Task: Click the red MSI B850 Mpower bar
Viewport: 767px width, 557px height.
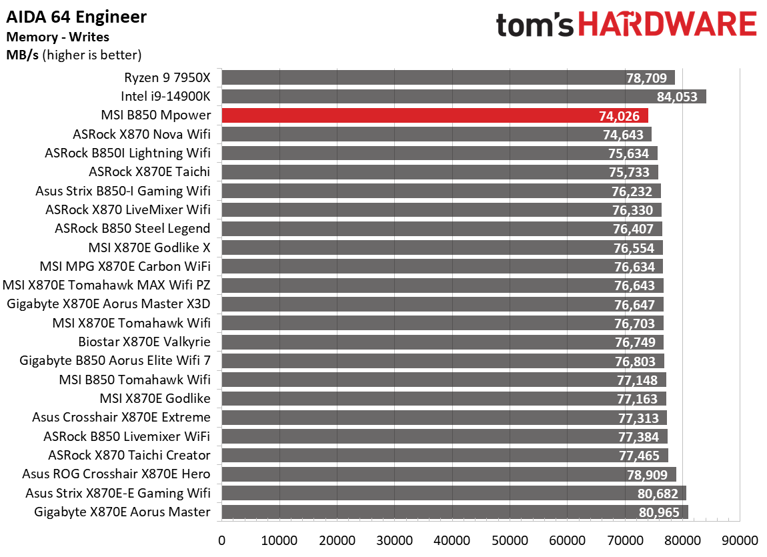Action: point(434,115)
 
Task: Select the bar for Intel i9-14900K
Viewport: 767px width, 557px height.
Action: point(463,97)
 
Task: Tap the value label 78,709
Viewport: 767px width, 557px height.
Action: point(646,78)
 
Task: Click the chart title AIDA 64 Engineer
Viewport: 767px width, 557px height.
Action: point(76,17)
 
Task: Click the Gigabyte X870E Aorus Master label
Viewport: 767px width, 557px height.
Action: point(122,512)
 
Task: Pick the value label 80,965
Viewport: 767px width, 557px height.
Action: point(658,512)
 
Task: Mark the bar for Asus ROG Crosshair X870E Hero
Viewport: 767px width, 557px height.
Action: point(448,474)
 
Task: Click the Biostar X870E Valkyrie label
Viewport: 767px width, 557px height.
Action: point(144,342)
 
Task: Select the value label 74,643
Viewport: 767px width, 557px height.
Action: point(624,135)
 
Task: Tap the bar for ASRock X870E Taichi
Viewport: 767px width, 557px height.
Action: point(439,172)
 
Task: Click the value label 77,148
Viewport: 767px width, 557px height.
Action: point(637,380)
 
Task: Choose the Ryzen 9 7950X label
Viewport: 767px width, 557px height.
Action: point(167,77)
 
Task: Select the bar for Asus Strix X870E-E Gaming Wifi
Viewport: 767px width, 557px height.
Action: point(454,493)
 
